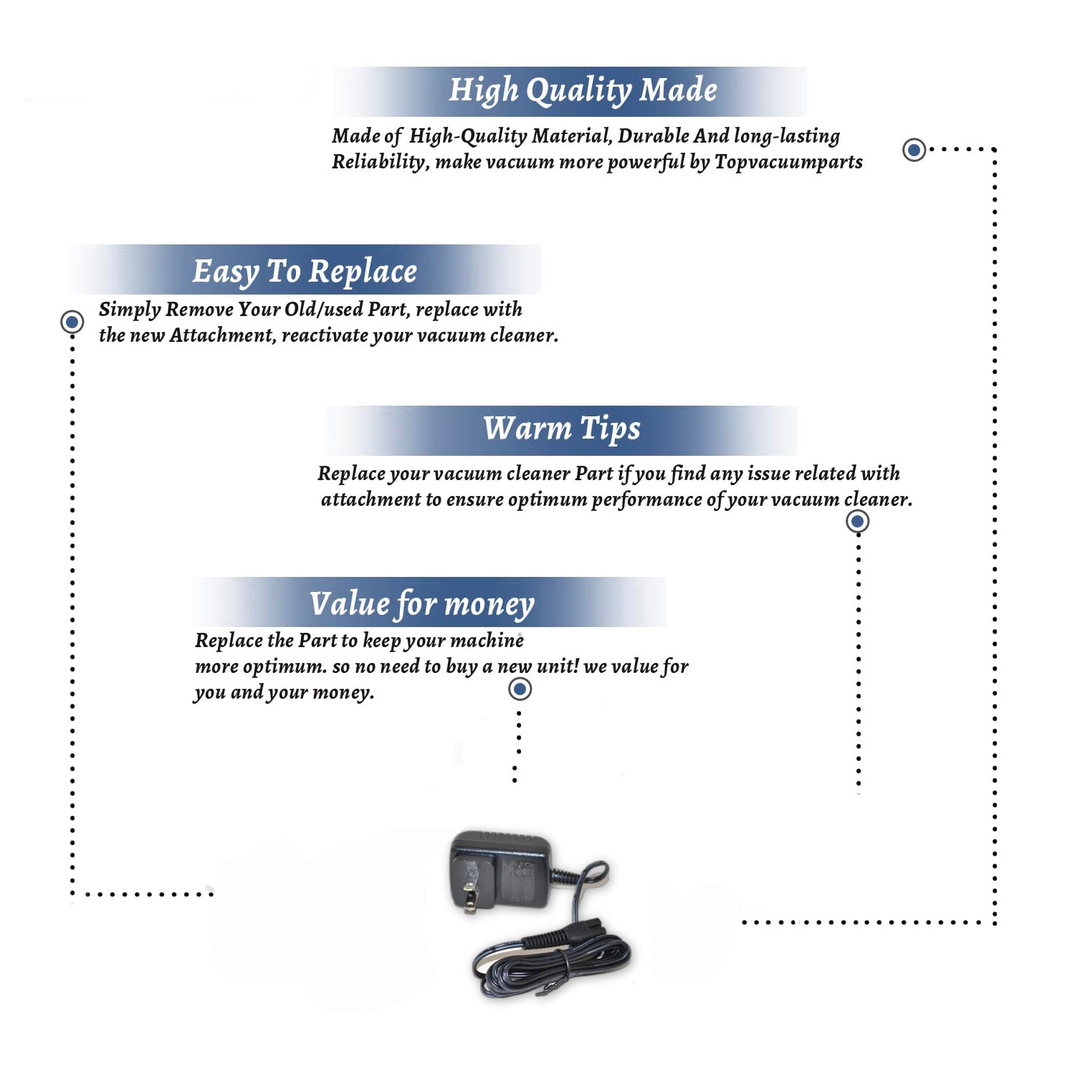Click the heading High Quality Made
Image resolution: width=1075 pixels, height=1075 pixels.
[x=583, y=91]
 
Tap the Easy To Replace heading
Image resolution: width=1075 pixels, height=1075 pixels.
[x=305, y=272]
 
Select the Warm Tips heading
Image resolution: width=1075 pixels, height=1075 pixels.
[x=562, y=429]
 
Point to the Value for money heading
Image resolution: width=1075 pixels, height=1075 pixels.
[x=422, y=604]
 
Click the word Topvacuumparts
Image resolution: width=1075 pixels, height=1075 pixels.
[x=788, y=162]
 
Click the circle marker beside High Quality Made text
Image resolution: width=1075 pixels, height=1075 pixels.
[x=914, y=150]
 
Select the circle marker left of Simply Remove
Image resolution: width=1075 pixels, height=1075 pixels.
[x=72, y=322]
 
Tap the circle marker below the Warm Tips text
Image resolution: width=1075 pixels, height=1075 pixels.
[x=858, y=521]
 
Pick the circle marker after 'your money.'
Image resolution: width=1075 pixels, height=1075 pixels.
[x=520, y=689]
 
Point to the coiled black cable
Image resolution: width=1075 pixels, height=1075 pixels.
[x=552, y=960]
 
